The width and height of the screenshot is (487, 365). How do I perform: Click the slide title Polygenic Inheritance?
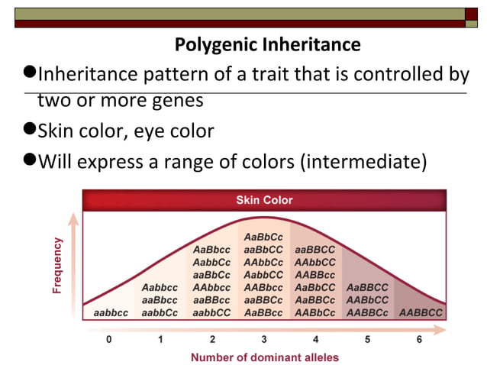267,45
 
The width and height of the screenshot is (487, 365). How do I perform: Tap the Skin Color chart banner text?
264,201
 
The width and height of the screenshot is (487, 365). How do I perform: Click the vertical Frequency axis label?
56,265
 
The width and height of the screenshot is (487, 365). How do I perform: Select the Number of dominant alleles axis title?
264,357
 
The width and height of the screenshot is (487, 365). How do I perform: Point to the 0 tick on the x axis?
108,340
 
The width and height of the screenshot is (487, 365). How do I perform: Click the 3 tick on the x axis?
264,340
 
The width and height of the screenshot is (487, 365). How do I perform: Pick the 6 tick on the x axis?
419,340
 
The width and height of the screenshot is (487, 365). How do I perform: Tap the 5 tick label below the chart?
367,340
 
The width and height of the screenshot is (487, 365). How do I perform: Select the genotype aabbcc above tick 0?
110,313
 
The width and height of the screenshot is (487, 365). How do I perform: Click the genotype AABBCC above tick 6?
420,313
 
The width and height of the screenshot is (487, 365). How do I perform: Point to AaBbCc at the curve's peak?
264,237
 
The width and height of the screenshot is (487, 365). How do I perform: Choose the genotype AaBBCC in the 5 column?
367,288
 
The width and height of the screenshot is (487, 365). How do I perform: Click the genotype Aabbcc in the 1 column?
160,288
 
